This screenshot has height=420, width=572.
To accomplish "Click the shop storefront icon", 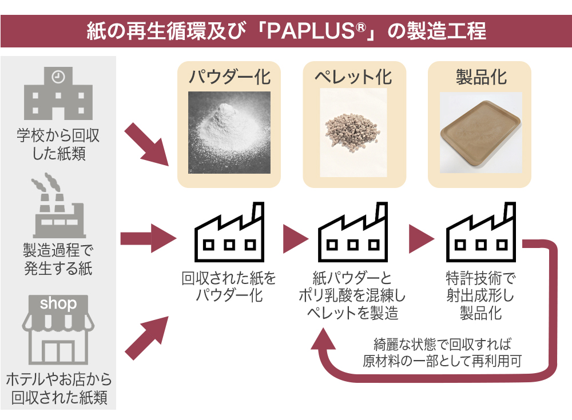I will pyautogui.click(x=58, y=330).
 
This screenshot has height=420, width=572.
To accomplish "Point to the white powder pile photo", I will pyautogui.click(x=229, y=133).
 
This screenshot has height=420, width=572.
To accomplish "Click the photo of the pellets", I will pyautogui.click(x=354, y=133).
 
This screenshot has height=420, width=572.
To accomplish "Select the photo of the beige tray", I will pyautogui.click(x=480, y=133).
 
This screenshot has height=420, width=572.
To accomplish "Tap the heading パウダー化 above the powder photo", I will pyautogui.click(x=229, y=77).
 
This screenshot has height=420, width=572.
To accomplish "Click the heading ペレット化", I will pyautogui.click(x=354, y=77).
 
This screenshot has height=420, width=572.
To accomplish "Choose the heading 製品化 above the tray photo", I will pyautogui.click(x=480, y=77).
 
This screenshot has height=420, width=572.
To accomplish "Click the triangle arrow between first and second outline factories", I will pyautogui.click(x=294, y=234).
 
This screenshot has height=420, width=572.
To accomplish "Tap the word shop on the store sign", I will pyautogui.click(x=58, y=303).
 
